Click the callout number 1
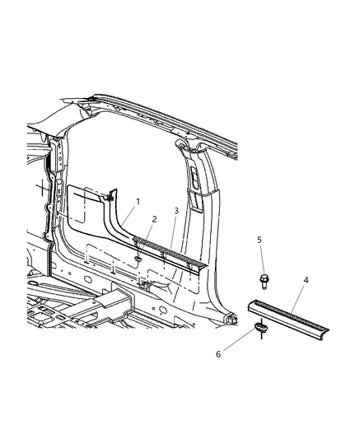(x=138, y=202)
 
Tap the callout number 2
(x=154, y=219)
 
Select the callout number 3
(x=175, y=212)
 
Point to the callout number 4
(x=306, y=281)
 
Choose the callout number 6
(x=218, y=355)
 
